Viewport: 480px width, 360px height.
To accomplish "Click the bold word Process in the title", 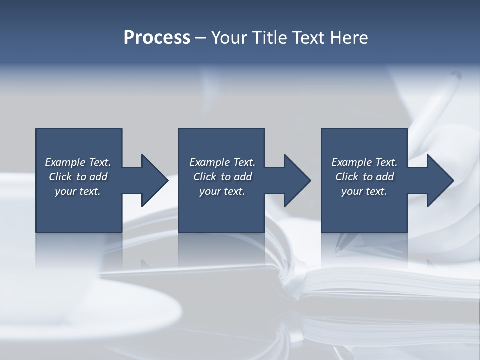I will pyautogui.click(x=157, y=38).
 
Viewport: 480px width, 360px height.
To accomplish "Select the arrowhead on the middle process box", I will pyautogui.click(x=297, y=180).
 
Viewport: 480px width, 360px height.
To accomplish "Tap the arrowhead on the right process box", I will pyautogui.click(x=440, y=180).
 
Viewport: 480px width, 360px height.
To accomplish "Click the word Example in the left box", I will pyautogui.click(x=65, y=162).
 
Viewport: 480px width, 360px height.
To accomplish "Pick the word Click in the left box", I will pyautogui.click(x=61, y=177).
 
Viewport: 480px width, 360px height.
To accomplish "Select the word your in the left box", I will pyautogui.click(x=65, y=191).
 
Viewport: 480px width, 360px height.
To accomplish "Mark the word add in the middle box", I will pyautogui.click(x=243, y=177).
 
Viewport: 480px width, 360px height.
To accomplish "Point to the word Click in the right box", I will pyautogui.click(x=347, y=177).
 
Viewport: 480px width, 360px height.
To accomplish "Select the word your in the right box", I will pyautogui.click(x=351, y=191).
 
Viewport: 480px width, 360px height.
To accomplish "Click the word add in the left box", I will pyautogui.click(x=98, y=177).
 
